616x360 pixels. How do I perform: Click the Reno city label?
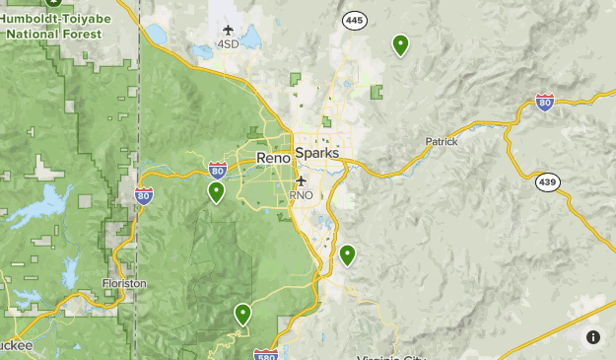click(x=273, y=158)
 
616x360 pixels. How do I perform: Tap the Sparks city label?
click(x=317, y=154)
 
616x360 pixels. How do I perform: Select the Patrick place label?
click(x=442, y=141)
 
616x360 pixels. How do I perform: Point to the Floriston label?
click(x=125, y=283)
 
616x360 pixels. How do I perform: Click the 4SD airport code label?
click(x=229, y=44)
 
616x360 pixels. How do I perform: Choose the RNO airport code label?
click(x=301, y=195)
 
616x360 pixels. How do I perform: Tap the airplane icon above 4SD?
click(x=229, y=31)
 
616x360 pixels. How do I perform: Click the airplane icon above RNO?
click(x=301, y=181)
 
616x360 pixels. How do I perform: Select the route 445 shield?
click(x=354, y=20)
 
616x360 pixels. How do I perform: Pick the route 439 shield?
click(x=548, y=182)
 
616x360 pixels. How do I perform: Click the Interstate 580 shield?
click(x=265, y=354)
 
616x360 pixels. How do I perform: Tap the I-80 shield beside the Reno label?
click(x=218, y=171)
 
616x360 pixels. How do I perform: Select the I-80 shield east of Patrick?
click(x=544, y=102)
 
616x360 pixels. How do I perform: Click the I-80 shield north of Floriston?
click(x=144, y=195)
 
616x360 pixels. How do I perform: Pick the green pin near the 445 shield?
click(x=400, y=44)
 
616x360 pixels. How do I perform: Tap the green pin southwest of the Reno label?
click(x=216, y=191)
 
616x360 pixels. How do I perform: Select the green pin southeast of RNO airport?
click(x=347, y=254)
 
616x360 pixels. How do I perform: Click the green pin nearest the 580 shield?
click(x=242, y=314)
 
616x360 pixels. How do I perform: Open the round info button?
click(x=593, y=337)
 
